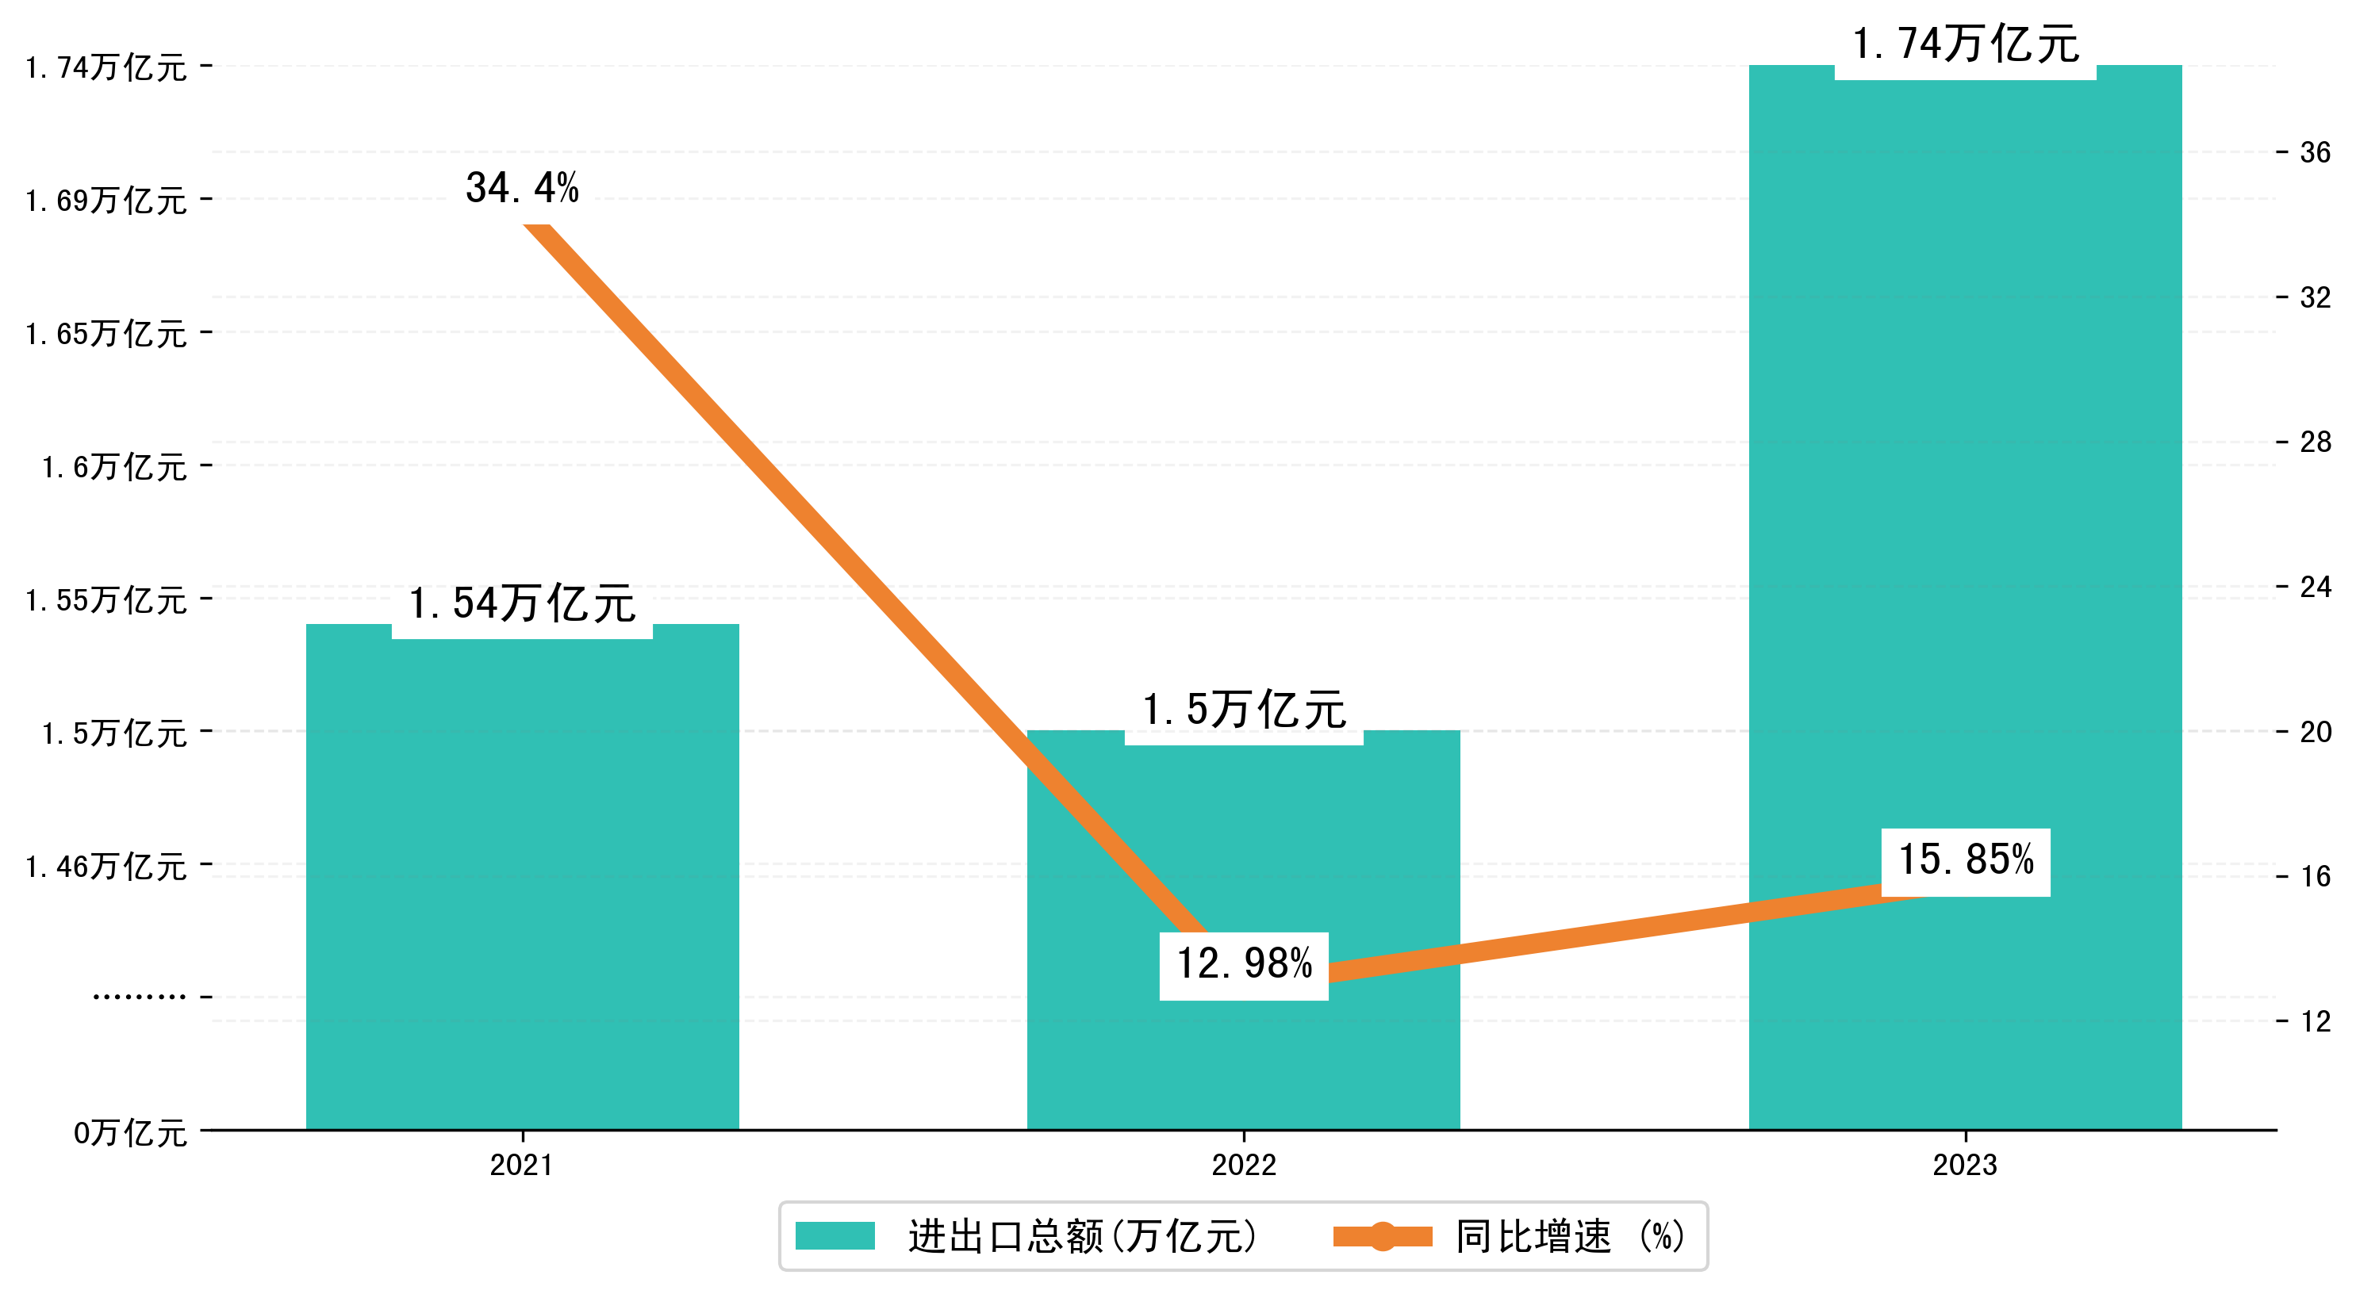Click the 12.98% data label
tap(1244, 964)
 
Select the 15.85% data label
tap(1966, 860)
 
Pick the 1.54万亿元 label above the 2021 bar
tap(522, 603)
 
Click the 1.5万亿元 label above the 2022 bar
tap(1244, 710)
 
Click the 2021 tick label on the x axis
tap(521, 1165)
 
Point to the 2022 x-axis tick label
tap(1244, 1165)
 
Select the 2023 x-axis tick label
tap(1965, 1165)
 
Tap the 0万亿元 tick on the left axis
tap(130, 1133)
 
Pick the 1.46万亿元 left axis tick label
tap(106, 866)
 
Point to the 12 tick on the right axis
tap(2315, 1021)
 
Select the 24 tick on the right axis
tap(2315, 587)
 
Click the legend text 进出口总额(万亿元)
tap(1083, 1236)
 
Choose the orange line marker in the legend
tap(1382, 1236)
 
